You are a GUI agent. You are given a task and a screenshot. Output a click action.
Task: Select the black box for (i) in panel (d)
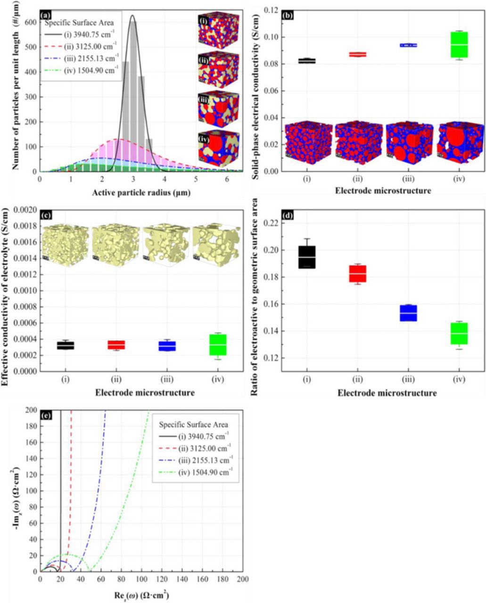tap(307, 257)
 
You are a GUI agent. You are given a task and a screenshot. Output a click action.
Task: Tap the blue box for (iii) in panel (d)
tap(408, 313)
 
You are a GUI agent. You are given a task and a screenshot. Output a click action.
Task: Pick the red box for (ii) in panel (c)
tap(116, 345)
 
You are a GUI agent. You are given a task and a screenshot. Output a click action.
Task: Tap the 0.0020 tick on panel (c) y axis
tap(26, 210)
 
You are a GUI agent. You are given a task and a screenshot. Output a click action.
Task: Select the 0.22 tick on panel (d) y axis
tap(272, 223)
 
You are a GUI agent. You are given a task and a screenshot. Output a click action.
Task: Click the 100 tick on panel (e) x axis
tap(142, 579)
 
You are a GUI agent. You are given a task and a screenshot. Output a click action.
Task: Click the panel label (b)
tap(288, 15)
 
